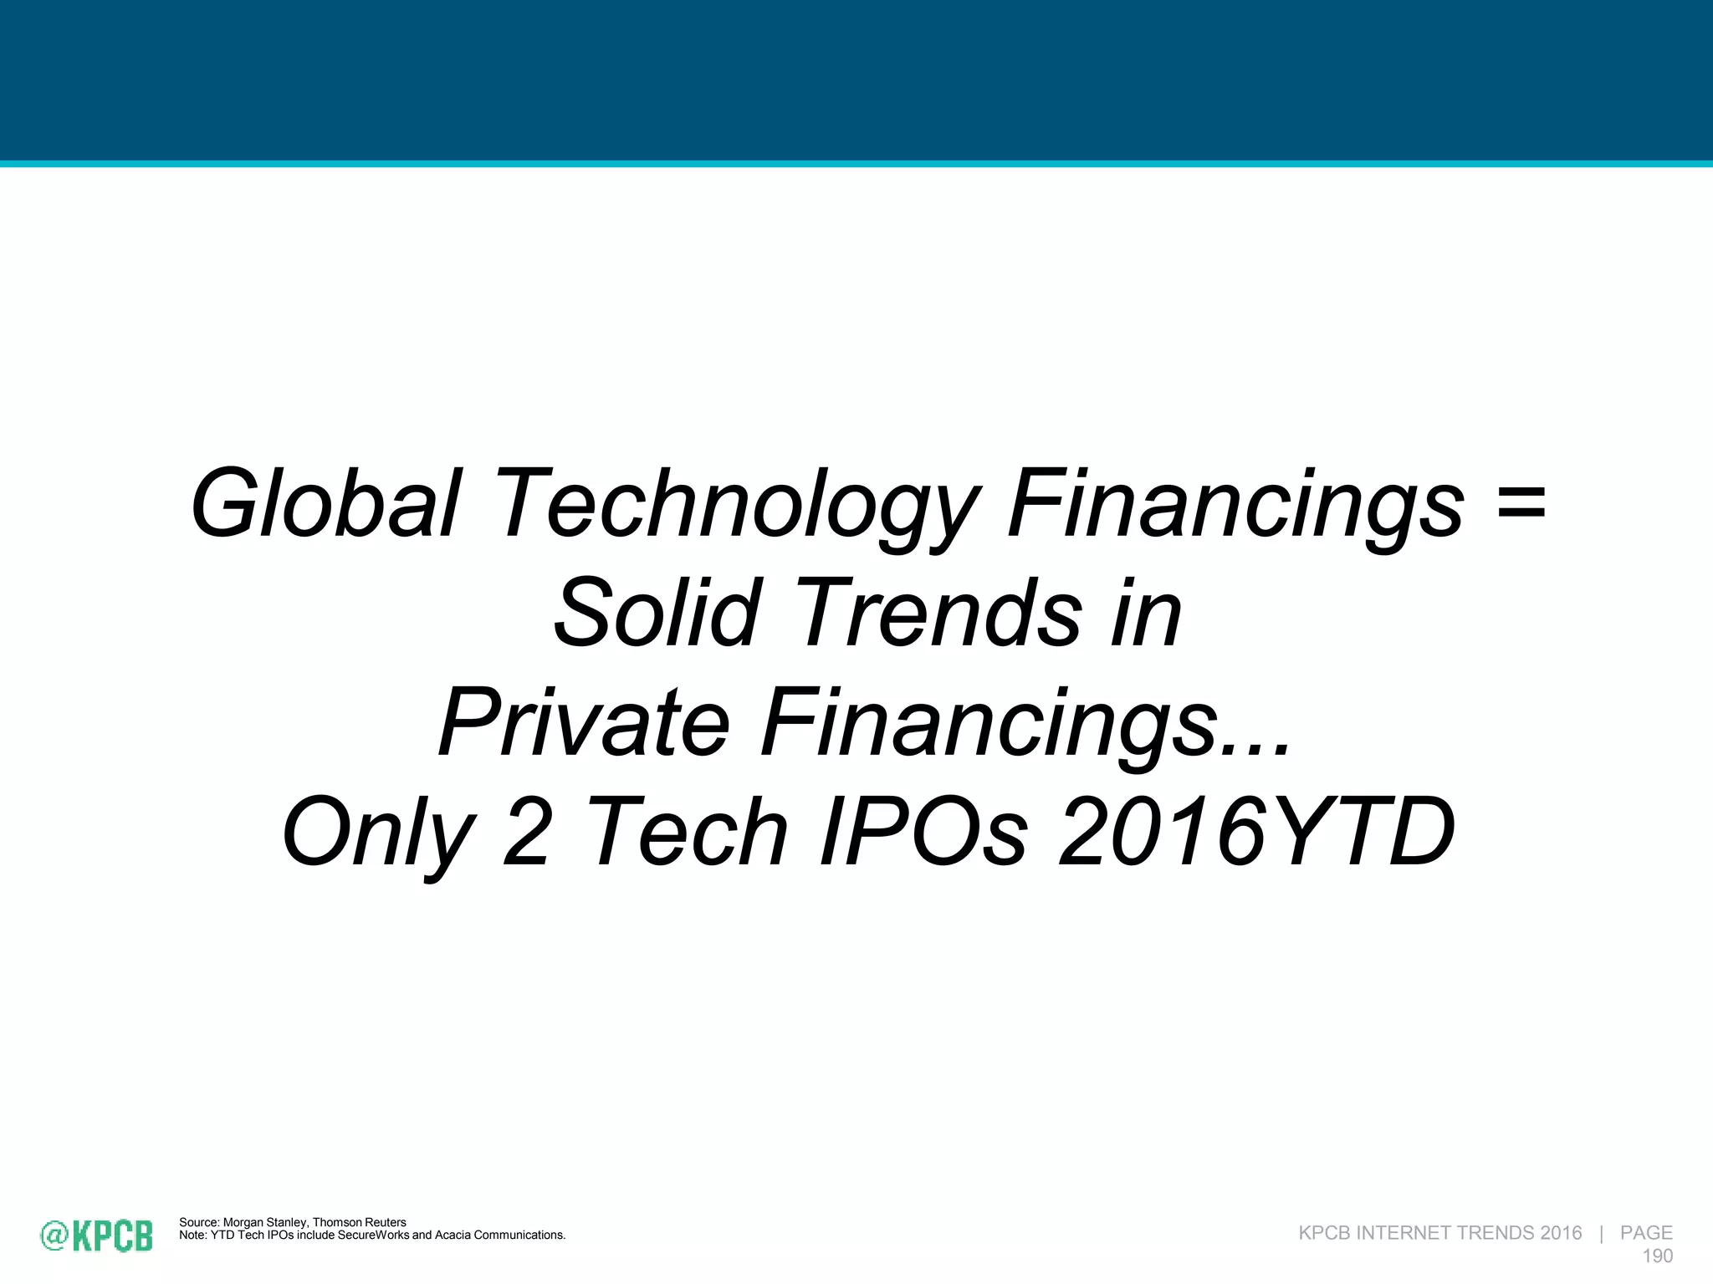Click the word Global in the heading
[325, 504]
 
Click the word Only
[378, 833]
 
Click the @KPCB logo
[97, 1236]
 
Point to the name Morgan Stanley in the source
[265, 1222]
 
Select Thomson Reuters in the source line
[360, 1222]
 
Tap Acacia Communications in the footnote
[499, 1235]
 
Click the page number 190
[1657, 1256]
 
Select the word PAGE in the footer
[1645, 1233]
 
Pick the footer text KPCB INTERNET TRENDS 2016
[1439, 1233]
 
